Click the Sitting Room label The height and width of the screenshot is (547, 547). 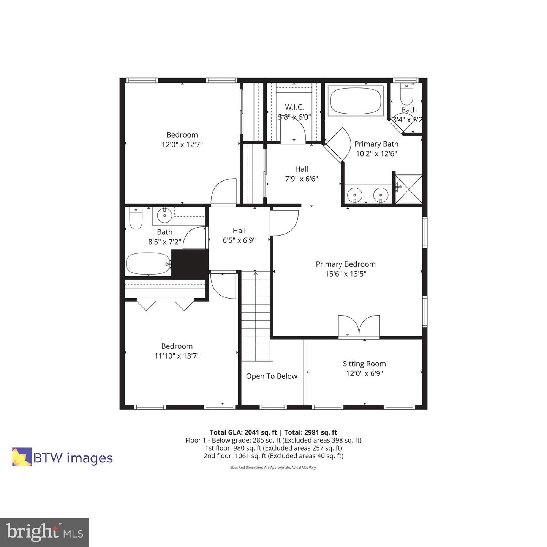(x=364, y=364)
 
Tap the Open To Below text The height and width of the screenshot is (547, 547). (x=272, y=376)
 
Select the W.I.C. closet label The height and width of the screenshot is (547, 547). (x=294, y=108)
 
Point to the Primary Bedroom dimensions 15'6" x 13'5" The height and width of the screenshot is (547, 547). (x=346, y=274)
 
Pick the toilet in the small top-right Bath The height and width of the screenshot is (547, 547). (x=406, y=95)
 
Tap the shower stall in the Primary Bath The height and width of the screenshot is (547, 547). (x=409, y=189)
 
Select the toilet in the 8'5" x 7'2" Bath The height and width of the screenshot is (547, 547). (x=136, y=219)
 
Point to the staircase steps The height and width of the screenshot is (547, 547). (x=256, y=315)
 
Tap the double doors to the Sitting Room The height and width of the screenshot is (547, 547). (x=359, y=326)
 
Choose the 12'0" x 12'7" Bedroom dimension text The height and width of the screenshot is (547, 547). (x=182, y=145)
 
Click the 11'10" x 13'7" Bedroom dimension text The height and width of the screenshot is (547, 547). (x=177, y=356)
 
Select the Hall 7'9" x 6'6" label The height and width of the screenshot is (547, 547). (x=302, y=174)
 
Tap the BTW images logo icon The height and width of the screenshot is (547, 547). (x=22, y=457)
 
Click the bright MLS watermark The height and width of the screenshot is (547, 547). (x=44, y=532)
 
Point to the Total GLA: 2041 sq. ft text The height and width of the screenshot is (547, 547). (x=243, y=432)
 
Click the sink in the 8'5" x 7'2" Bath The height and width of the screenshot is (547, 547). (x=164, y=216)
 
